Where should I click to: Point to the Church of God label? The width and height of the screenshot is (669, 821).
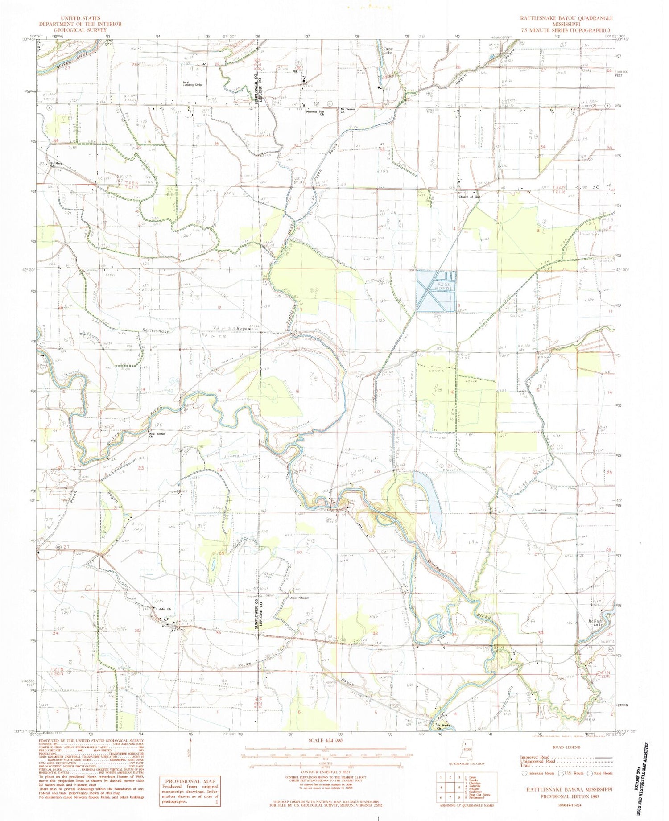click(x=471, y=197)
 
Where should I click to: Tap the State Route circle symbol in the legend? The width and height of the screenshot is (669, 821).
click(x=593, y=773)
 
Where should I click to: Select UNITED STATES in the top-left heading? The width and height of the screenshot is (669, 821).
click(x=74, y=18)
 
